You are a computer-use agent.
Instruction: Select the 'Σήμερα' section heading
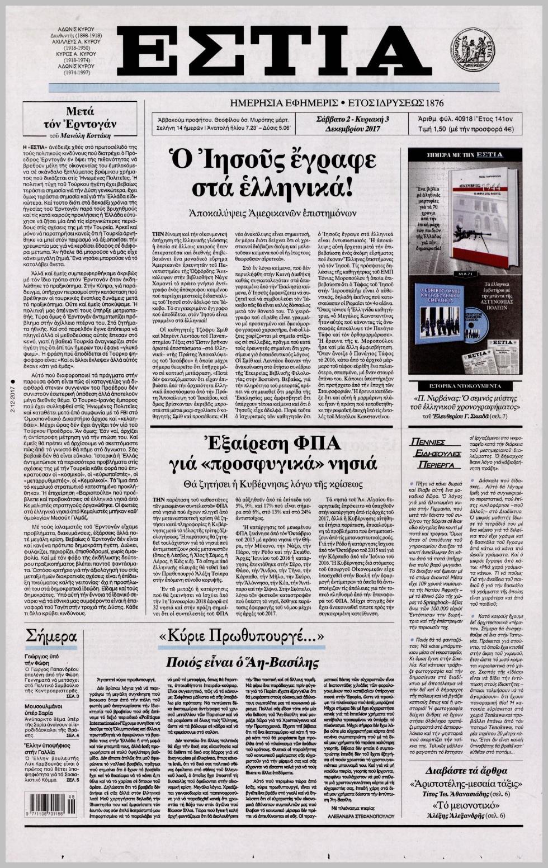point(51,636)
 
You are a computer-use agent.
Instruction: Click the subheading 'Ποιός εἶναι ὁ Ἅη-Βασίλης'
point(242,662)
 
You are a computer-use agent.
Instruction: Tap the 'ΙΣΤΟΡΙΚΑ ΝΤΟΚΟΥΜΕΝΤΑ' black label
point(465,386)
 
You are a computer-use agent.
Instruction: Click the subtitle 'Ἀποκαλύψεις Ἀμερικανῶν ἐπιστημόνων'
point(272,213)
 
